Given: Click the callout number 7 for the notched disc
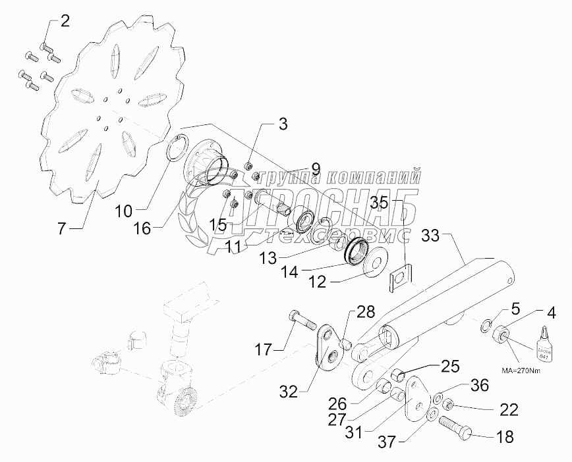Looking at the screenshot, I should (x=61, y=229).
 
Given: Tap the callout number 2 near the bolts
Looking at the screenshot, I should (x=64, y=20).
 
